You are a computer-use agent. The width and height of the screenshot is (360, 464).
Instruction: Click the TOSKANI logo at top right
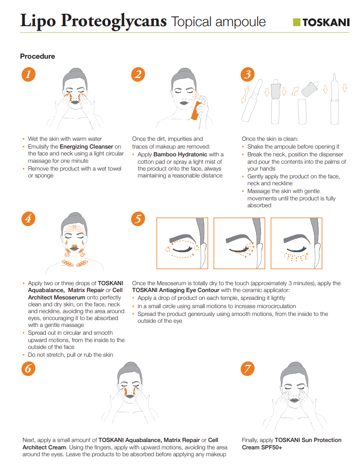[x=321, y=22]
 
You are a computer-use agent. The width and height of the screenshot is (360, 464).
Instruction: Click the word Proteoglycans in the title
[x=114, y=21]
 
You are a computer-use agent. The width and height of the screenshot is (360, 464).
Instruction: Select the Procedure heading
[x=38, y=56]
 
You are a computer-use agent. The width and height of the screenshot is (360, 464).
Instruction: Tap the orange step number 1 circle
[x=28, y=74]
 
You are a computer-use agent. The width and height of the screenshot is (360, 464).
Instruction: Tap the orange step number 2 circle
[x=138, y=74]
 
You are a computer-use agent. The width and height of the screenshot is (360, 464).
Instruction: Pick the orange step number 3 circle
[x=248, y=74]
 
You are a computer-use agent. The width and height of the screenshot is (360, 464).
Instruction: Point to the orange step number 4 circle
[x=28, y=219]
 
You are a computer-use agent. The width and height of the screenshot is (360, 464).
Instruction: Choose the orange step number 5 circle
[x=138, y=219]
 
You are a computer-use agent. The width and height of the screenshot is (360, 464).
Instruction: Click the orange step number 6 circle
[x=28, y=369]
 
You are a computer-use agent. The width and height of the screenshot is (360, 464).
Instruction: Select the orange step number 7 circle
[x=248, y=369]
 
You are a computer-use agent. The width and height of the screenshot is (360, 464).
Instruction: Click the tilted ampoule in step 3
[x=251, y=100]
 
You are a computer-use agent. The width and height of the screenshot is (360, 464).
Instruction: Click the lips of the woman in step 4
[x=74, y=248]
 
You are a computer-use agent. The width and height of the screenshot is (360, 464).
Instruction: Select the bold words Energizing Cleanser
[x=86, y=146]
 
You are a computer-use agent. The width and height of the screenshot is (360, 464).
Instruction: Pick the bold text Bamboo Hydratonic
[x=180, y=154]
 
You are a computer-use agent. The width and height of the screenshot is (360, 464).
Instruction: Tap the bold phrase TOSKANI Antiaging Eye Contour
[x=175, y=290]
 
